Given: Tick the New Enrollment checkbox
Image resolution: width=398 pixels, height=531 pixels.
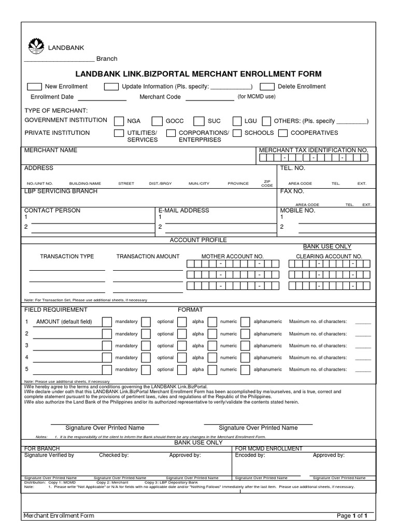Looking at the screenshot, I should [x=34, y=87].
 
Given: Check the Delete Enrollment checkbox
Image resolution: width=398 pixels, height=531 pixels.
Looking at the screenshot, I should [x=267, y=87].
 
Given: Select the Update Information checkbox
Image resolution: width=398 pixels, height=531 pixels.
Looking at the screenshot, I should [x=111, y=87].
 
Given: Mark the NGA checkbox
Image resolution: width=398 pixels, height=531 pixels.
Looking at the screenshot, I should [x=119, y=121].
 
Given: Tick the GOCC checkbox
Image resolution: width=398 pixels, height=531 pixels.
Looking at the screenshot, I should [x=157, y=121].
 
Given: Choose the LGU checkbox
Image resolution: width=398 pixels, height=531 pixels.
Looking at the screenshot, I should [x=237, y=121].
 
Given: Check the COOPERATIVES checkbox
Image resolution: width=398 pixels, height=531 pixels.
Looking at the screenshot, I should [x=283, y=133].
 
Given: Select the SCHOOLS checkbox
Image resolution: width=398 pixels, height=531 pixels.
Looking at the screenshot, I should [x=237, y=133].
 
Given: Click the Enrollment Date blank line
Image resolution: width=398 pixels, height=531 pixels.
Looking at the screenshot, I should [x=102, y=99].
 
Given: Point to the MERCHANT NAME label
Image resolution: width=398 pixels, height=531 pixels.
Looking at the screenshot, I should [x=51, y=150].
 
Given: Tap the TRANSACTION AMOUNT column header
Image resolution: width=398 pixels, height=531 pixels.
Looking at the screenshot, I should [x=148, y=256].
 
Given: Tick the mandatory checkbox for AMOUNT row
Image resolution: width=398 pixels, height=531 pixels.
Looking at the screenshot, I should [x=107, y=322].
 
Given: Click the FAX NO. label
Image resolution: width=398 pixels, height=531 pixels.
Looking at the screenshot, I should [x=292, y=191].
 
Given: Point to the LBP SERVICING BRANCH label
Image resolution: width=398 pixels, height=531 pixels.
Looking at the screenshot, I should [x=61, y=191].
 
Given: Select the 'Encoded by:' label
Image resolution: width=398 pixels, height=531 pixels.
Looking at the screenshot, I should [x=250, y=455].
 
